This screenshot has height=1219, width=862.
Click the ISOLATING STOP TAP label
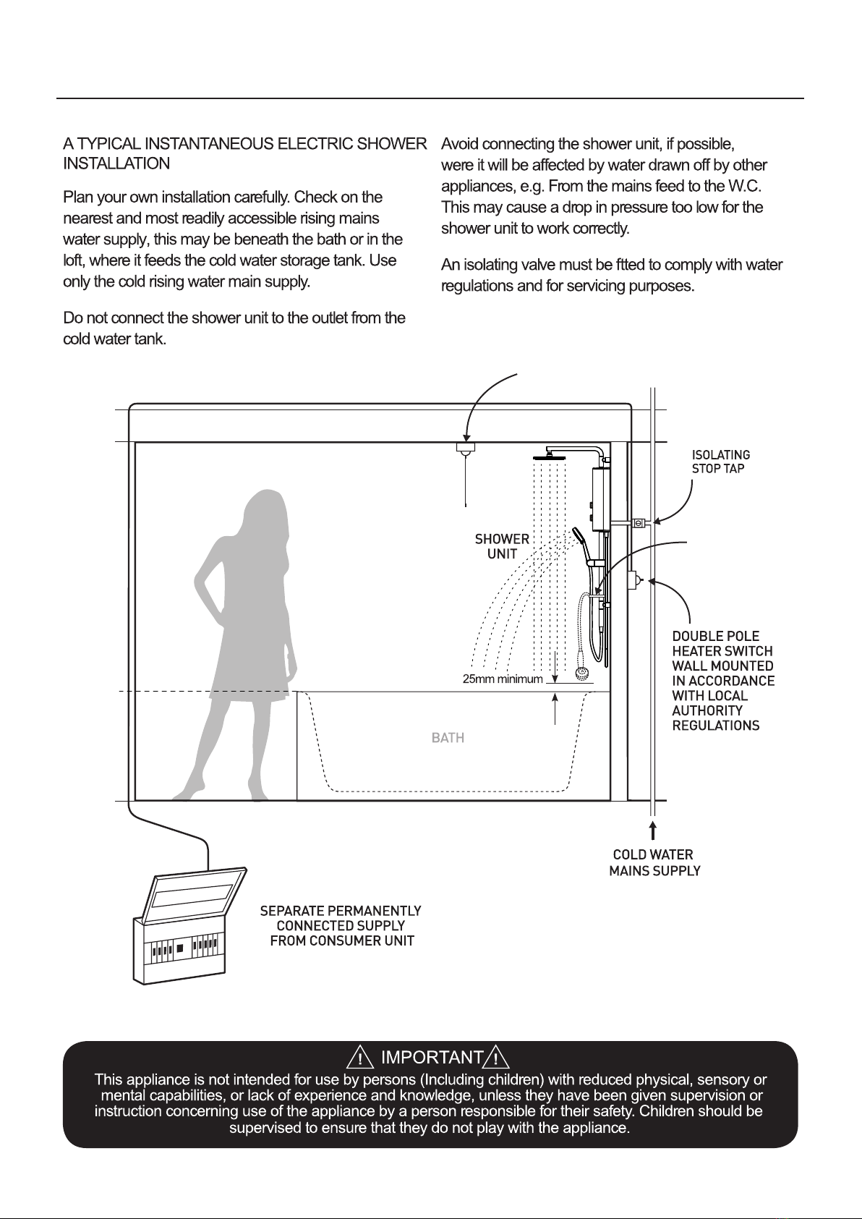721,462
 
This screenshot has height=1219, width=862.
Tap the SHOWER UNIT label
502,546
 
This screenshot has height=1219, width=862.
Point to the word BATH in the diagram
448,738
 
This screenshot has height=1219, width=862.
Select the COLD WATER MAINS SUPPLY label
654,863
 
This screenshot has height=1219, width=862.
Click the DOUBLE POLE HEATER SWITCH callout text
722,681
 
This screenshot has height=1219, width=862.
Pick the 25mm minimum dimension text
502,679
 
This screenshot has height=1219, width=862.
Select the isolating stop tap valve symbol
639,522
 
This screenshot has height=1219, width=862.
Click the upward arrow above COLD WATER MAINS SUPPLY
653,830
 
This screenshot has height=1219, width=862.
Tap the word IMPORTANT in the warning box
432,1058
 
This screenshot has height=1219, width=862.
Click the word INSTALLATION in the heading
116,163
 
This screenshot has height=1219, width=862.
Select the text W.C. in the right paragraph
746,186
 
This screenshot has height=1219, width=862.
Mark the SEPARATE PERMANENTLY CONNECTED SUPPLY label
341,925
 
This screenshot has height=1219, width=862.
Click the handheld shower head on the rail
579,537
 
